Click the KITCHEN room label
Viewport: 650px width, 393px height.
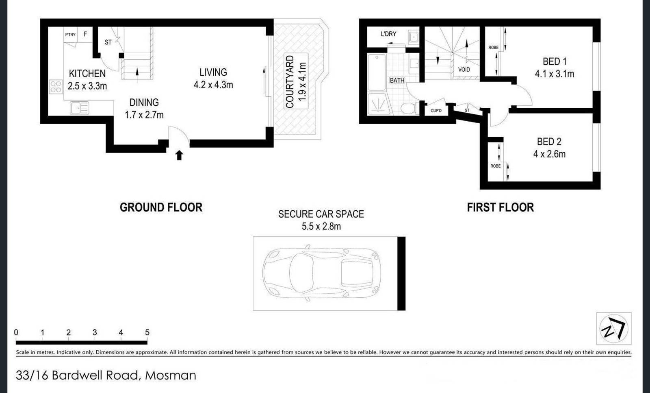click(x=87, y=74)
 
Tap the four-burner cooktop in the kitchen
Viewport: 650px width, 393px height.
click(x=56, y=87)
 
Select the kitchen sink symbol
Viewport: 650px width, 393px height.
click(x=80, y=108)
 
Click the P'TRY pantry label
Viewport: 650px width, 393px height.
click(x=70, y=35)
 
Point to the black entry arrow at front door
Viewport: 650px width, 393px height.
click(x=179, y=155)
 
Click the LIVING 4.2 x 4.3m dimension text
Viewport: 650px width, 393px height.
click(x=213, y=85)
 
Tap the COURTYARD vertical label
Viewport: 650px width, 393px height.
click(x=290, y=81)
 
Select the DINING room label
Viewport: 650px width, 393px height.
click(x=144, y=103)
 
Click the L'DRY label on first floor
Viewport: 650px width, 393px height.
click(x=388, y=34)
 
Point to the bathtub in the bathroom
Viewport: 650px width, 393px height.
click(x=377, y=72)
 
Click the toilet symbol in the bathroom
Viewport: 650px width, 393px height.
click(x=407, y=108)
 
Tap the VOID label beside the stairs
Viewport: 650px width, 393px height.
click(x=464, y=70)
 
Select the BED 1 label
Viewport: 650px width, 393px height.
click(x=554, y=61)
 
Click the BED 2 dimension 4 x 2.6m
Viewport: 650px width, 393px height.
click(x=549, y=154)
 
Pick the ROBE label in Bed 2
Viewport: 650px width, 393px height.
click(x=495, y=166)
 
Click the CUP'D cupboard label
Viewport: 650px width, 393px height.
click(x=436, y=111)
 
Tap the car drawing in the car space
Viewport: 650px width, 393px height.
click(x=321, y=273)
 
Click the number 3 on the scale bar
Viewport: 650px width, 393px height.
click(x=95, y=332)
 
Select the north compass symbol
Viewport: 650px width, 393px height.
click(x=613, y=328)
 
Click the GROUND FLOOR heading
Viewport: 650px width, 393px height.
click(x=161, y=207)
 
